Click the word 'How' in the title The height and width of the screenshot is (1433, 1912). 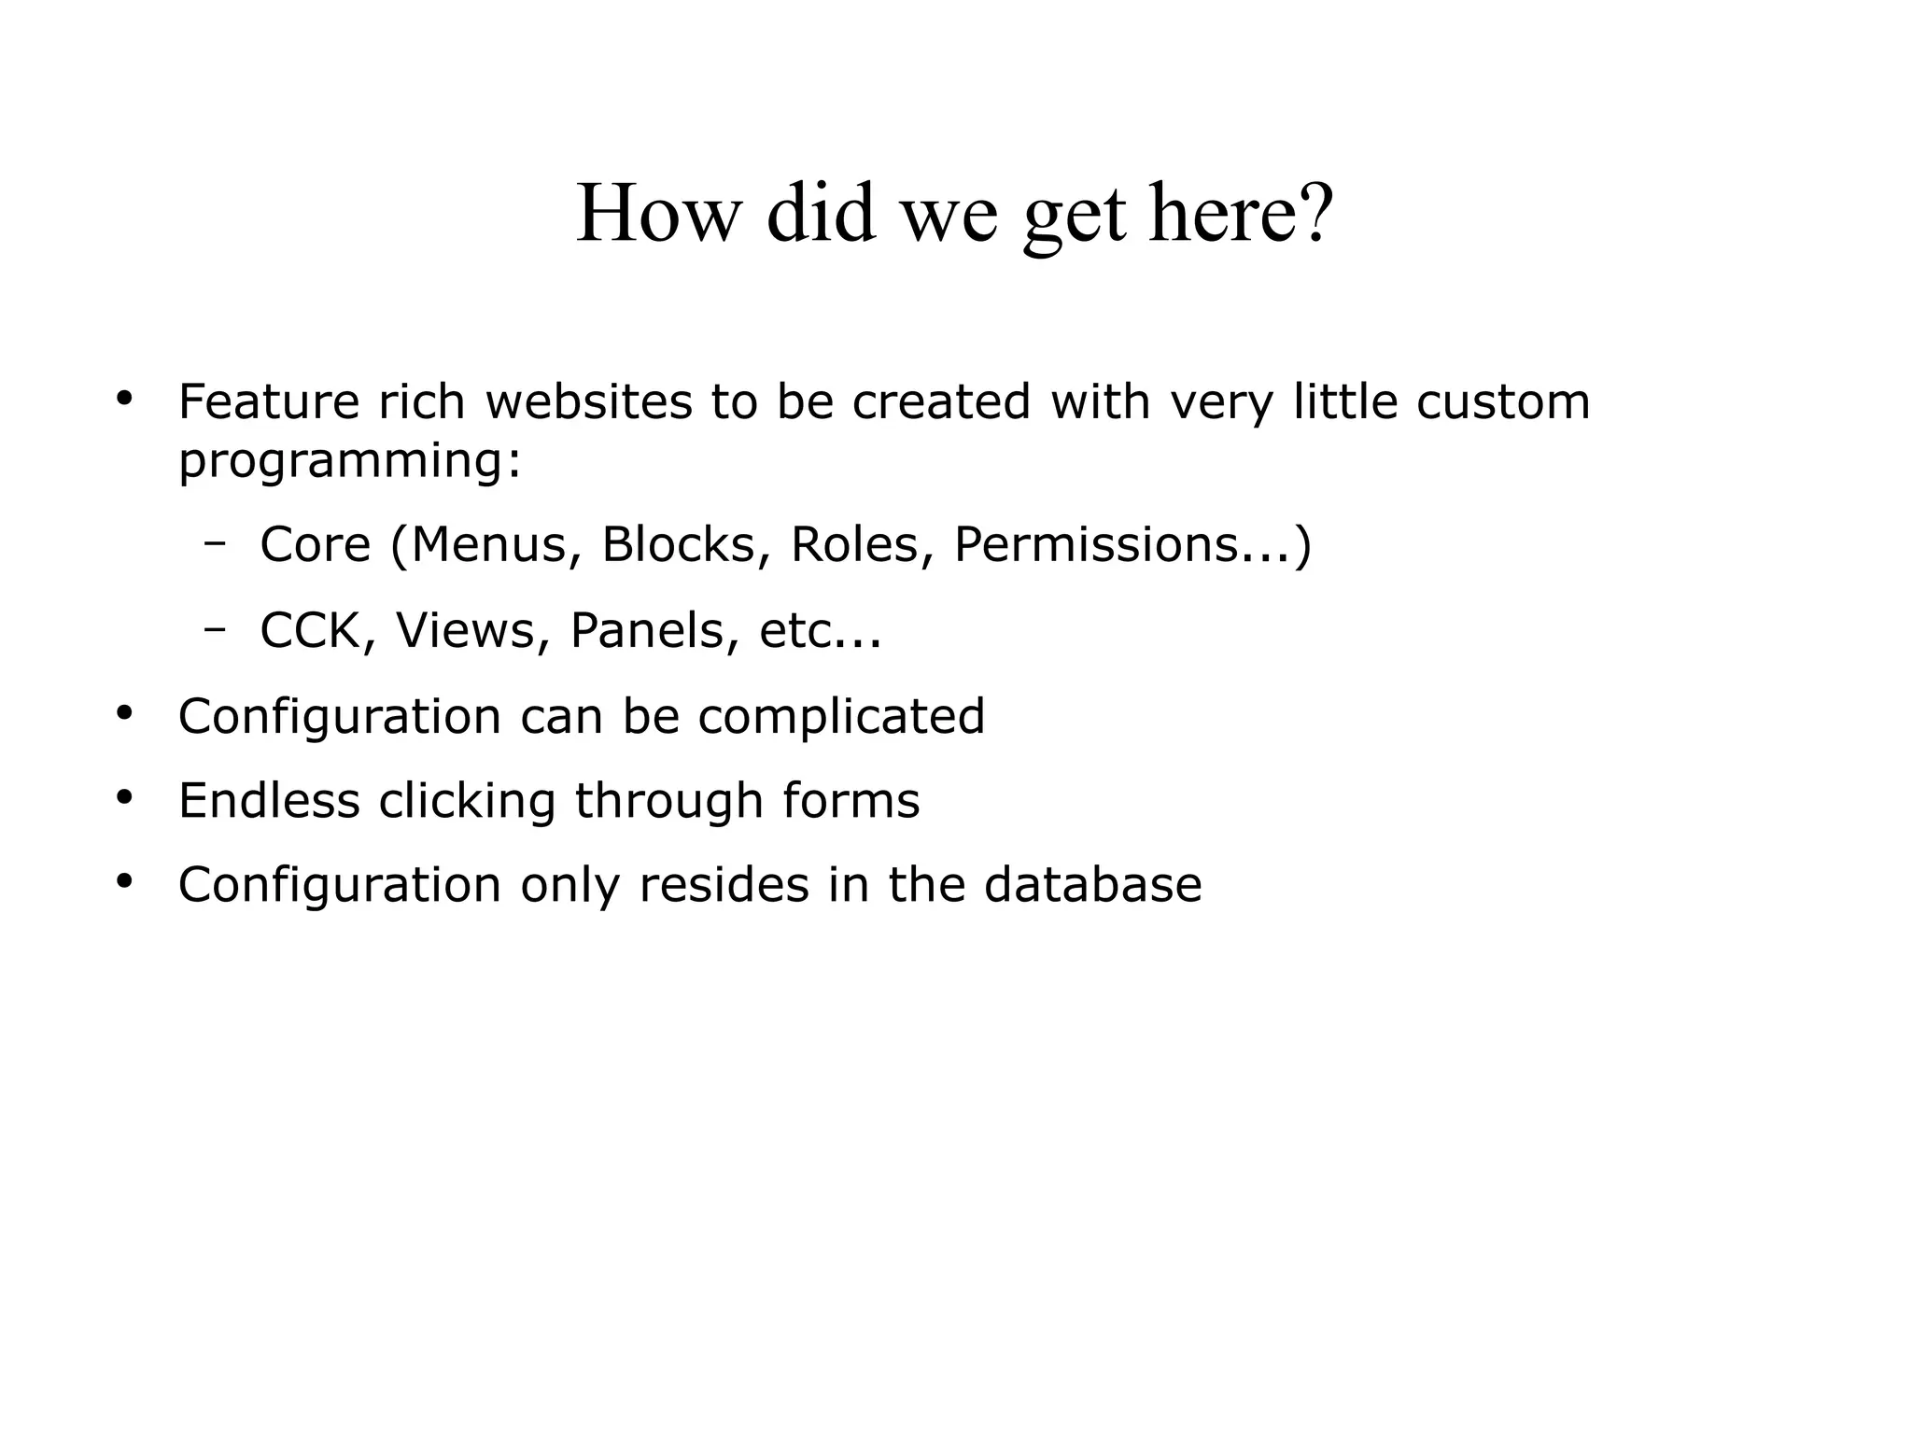point(657,214)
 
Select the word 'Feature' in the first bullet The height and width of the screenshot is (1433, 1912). point(268,402)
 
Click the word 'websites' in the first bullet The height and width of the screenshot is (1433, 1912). point(589,402)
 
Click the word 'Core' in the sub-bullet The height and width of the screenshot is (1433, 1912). point(315,544)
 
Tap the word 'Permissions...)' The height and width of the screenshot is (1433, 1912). point(1132,544)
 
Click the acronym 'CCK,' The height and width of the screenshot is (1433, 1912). point(317,631)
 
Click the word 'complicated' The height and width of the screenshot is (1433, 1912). point(841,717)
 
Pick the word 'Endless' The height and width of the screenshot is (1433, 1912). point(269,801)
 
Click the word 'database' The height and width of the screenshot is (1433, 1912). point(1092,885)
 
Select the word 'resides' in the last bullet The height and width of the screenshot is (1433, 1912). point(724,885)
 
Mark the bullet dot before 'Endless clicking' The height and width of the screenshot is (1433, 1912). point(125,798)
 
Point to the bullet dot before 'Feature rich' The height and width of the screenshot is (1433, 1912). point(125,399)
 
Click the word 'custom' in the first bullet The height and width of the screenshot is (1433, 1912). point(1502,402)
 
